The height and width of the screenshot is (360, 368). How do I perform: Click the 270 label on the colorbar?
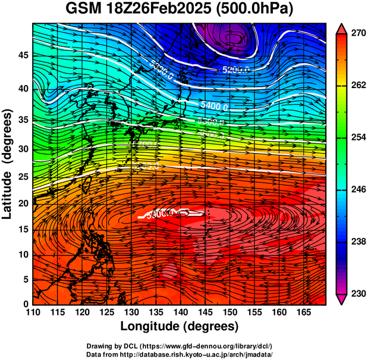point(357,34)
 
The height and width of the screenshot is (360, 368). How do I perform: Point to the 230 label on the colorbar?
point(357,293)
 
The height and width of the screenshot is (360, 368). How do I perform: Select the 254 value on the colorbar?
point(357,137)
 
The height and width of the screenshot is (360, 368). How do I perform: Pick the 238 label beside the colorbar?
point(357,242)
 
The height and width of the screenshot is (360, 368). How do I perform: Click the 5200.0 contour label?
point(236,70)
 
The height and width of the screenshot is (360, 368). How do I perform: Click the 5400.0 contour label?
point(214,106)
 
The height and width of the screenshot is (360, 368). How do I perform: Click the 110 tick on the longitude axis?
point(33,312)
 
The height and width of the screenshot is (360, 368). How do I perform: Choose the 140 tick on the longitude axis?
point(180,312)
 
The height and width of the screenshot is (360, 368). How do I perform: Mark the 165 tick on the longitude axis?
point(302,312)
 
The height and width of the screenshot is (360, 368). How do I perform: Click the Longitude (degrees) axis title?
point(179,326)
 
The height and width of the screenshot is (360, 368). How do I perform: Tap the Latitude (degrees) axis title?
point(8,164)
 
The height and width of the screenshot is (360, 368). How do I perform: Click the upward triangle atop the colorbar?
point(342,28)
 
